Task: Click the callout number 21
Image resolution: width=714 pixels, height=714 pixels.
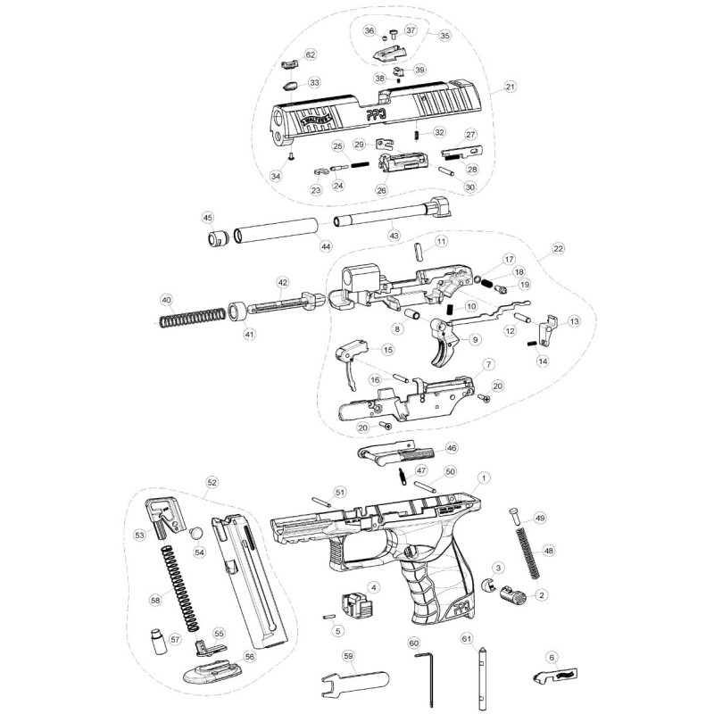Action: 511,87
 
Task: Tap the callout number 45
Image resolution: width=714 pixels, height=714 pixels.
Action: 208,217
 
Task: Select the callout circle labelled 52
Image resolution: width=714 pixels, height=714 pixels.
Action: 212,482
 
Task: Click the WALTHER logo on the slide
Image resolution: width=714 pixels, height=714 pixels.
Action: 315,119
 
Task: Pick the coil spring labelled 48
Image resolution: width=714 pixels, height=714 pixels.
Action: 527,552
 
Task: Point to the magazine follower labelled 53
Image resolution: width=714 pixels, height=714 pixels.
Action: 162,518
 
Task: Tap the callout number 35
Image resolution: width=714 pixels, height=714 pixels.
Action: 444,37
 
